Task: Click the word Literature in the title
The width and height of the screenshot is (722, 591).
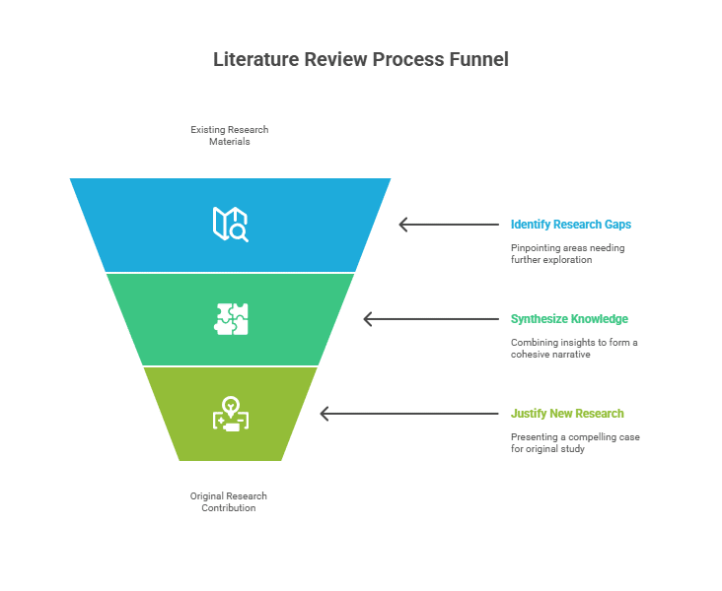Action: [x=256, y=59]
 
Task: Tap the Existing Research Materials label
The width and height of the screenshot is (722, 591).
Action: [x=229, y=136]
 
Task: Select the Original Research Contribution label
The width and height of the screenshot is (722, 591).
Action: [x=229, y=501]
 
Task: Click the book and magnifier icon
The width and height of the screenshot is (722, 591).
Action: [x=230, y=224]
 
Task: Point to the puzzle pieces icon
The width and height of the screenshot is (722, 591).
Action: [x=231, y=319]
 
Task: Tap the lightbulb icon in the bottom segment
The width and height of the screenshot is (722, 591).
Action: [x=231, y=414]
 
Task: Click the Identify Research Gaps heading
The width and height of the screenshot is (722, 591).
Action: [x=571, y=225]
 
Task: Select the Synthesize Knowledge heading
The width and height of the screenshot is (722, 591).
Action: [x=569, y=319]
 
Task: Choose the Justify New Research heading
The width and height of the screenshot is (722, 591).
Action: [x=567, y=414]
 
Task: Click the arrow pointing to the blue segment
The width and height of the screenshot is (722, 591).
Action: [x=449, y=225]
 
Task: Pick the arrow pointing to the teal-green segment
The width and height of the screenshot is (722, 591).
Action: [x=431, y=319]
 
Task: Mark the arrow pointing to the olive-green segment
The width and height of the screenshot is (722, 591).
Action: [x=409, y=414]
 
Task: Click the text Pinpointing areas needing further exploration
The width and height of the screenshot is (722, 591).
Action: [x=568, y=253]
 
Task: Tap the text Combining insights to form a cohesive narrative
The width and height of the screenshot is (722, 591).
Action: [x=574, y=348]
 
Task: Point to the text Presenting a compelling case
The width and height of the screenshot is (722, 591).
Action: [x=575, y=437]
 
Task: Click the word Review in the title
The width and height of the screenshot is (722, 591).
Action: [x=335, y=59]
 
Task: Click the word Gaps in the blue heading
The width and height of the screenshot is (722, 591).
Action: [x=617, y=225]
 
